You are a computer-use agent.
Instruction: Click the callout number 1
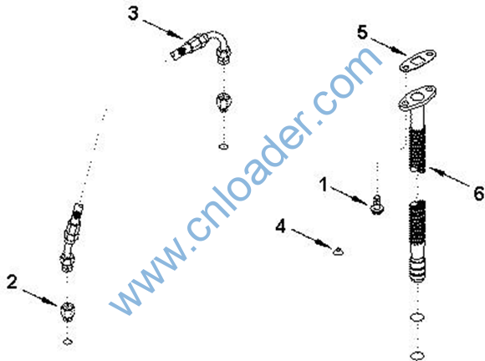pos(324,184)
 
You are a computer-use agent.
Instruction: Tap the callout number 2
pos(12,282)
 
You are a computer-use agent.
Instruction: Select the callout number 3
pos(133,13)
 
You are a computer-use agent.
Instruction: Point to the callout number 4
pos(280,226)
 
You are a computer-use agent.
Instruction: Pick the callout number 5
pos(362,32)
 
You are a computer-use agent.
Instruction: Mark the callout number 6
pos(479,194)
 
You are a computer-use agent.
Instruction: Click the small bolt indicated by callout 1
pos(377,205)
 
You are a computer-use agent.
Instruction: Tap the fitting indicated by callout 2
pos(68,311)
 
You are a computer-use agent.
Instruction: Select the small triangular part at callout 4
pos(338,252)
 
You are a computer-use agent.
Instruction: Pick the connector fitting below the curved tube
pos(223,102)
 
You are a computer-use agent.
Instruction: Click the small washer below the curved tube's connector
pos(223,146)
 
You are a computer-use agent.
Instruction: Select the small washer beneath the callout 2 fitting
pos(68,342)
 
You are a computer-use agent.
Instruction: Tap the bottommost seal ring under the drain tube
pos(417,355)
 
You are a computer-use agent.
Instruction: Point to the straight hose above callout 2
pos(71,237)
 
